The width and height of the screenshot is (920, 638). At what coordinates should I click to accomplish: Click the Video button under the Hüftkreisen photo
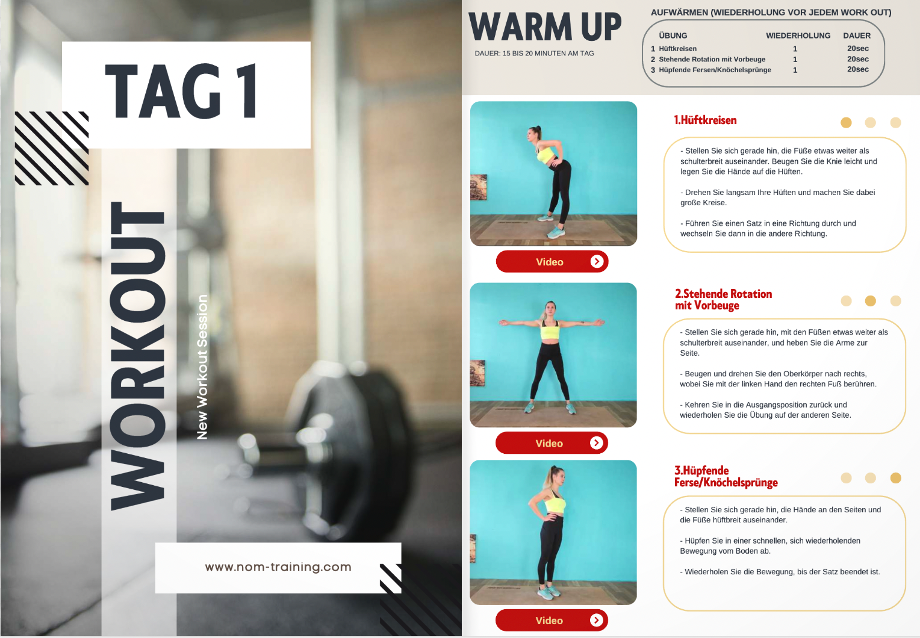click(x=552, y=262)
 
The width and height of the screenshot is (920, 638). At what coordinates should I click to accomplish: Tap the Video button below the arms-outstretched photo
click(x=552, y=442)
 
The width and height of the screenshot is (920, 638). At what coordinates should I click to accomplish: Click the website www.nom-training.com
click(x=278, y=567)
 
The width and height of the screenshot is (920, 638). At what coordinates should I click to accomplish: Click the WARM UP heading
click(x=545, y=26)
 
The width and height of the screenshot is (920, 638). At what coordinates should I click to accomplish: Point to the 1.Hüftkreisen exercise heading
click(x=705, y=120)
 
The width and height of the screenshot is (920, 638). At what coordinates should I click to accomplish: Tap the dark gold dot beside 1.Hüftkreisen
click(x=846, y=122)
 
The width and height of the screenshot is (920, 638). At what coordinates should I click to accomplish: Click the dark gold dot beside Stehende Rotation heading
click(x=870, y=301)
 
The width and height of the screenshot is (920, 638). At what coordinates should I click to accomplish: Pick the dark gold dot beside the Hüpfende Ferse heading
click(x=896, y=478)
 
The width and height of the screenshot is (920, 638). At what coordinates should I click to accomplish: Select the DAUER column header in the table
click(x=857, y=36)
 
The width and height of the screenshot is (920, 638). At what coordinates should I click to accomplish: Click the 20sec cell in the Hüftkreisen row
click(x=858, y=48)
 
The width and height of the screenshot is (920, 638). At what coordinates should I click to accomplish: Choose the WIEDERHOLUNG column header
click(x=798, y=36)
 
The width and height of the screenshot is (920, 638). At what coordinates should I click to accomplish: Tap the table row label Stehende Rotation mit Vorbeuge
click(x=712, y=59)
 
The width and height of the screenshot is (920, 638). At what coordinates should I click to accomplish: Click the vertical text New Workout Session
click(x=202, y=367)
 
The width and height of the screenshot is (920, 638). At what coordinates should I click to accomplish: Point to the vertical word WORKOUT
click(x=138, y=356)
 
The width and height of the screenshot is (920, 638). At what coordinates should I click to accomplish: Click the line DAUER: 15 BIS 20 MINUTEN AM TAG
click(x=534, y=54)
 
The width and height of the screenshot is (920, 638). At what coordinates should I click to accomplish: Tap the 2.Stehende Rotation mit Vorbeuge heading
click(x=723, y=300)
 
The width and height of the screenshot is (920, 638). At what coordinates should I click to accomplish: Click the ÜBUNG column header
click(x=673, y=36)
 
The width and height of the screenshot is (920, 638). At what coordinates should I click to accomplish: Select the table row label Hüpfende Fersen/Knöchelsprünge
click(x=715, y=70)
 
